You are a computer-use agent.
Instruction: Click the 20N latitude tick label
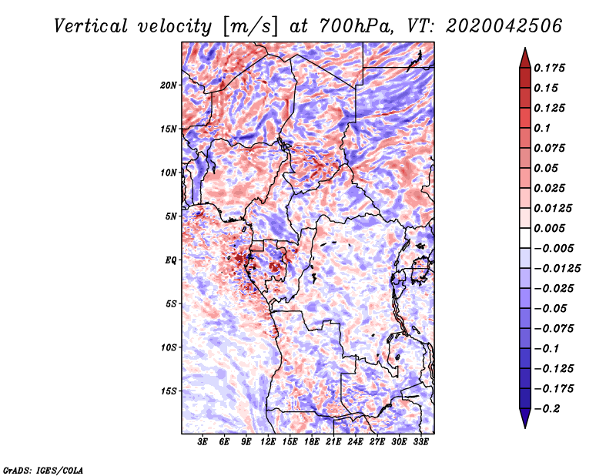click(x=169, y=85)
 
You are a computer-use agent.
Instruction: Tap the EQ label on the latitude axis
click(x=171, y=260)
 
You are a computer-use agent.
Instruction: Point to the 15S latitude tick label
click(x=169, y=391)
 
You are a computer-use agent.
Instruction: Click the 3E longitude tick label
click(x=203, y=442)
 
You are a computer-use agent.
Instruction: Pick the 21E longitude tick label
click(x=333, y=442)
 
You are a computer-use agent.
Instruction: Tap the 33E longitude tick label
click(x=420, y=442)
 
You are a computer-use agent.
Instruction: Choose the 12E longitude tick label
click(x=268, y=442)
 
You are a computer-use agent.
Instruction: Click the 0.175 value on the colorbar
click(x=551, y=68)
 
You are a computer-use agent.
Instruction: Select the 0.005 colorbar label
click(x=551, y=228)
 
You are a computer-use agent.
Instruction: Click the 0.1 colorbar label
click(x=544, y=128)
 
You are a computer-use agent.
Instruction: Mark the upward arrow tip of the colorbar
click(x=524, y=51)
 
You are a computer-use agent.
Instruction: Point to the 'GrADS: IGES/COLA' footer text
click(x=42, y=469)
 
